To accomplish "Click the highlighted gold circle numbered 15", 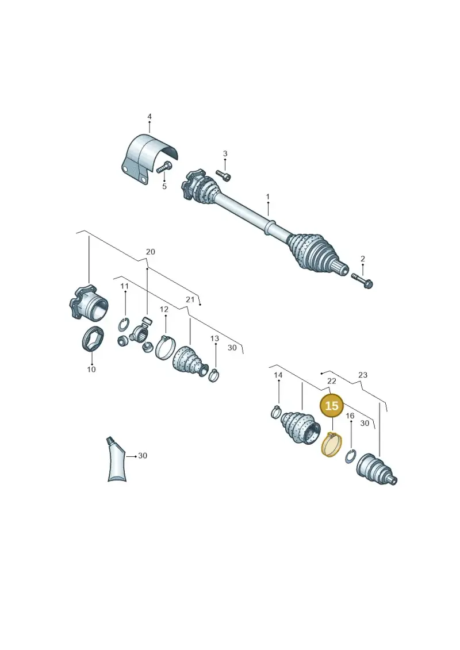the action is [331, 405].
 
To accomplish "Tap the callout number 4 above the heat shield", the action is [149, 117].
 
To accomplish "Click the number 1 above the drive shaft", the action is [267, 197].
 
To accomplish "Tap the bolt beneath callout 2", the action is [362, 280].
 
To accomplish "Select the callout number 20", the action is [150, 252].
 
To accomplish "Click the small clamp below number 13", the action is [214, 375].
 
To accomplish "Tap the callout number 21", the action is [190, 299].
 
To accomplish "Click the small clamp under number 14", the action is [276, 412].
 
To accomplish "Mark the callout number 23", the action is [362, 375].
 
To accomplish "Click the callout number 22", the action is [331, 380].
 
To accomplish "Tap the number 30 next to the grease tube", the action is [142, 456].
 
